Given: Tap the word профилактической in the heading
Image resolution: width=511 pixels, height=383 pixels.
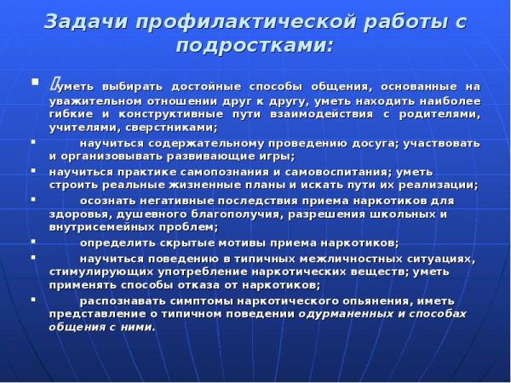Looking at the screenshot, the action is [245, 23].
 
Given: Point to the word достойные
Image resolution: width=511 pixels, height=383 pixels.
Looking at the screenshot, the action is [206, 88].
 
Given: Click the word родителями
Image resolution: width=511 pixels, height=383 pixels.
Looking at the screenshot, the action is [439, 115].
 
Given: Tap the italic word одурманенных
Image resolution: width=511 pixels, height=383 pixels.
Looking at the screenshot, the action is [346, 315].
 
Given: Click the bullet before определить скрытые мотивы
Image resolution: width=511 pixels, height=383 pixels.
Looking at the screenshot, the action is [33, 242].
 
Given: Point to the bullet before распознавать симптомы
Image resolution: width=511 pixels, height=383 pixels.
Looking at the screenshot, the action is [33, 300].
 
